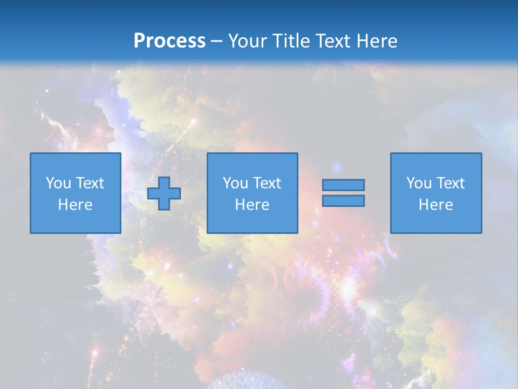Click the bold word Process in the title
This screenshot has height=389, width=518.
(169, 41)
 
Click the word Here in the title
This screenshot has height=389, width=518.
(377, 41)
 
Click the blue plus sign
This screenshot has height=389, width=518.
(164, 193)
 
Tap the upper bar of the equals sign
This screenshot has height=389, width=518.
(343, 185)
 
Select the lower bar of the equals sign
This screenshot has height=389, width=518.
(343, 201)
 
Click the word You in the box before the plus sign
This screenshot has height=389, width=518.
(58, 183)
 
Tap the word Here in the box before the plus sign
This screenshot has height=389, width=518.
(75, 205)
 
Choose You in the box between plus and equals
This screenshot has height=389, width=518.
(235, 183)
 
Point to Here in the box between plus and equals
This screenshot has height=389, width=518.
(252, 205)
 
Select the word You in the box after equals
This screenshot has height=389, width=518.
(419, 183)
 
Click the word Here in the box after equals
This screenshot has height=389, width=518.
(435, 205)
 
